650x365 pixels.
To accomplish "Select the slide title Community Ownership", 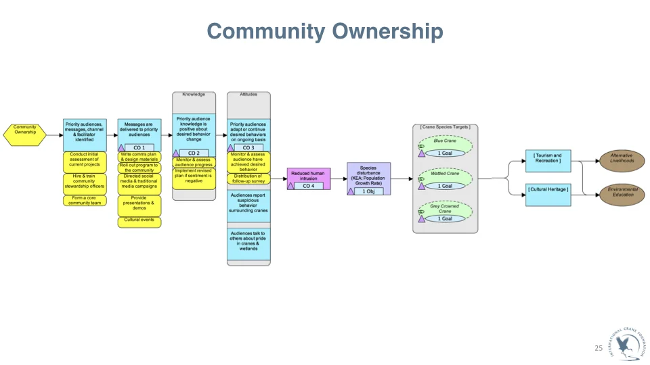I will pyautogui.click(x=325, y=32).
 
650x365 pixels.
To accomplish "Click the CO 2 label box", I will pyautogui.click(x=194, y=153).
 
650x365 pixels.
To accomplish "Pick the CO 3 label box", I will pyautogui.click(x=248, y=147).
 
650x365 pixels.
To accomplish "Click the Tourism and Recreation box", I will pyautogui.click(x=548, y=161).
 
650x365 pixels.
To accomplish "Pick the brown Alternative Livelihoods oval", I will pyautogui.click(x=621, y=161).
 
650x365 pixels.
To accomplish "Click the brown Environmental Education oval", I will pyautogui.click(x=621, y=194).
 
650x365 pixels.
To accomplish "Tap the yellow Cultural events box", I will pyautogui.click(x=139, y=222).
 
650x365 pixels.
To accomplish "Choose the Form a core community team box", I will pyautogui.click(x=85, y=200).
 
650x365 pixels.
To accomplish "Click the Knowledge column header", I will pyautogui.click(x=194, y=95).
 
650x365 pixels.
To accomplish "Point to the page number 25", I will pyautogui.click(x=598, y=348).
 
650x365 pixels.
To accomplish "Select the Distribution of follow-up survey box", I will pyautogui.click(x=248, y=178).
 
